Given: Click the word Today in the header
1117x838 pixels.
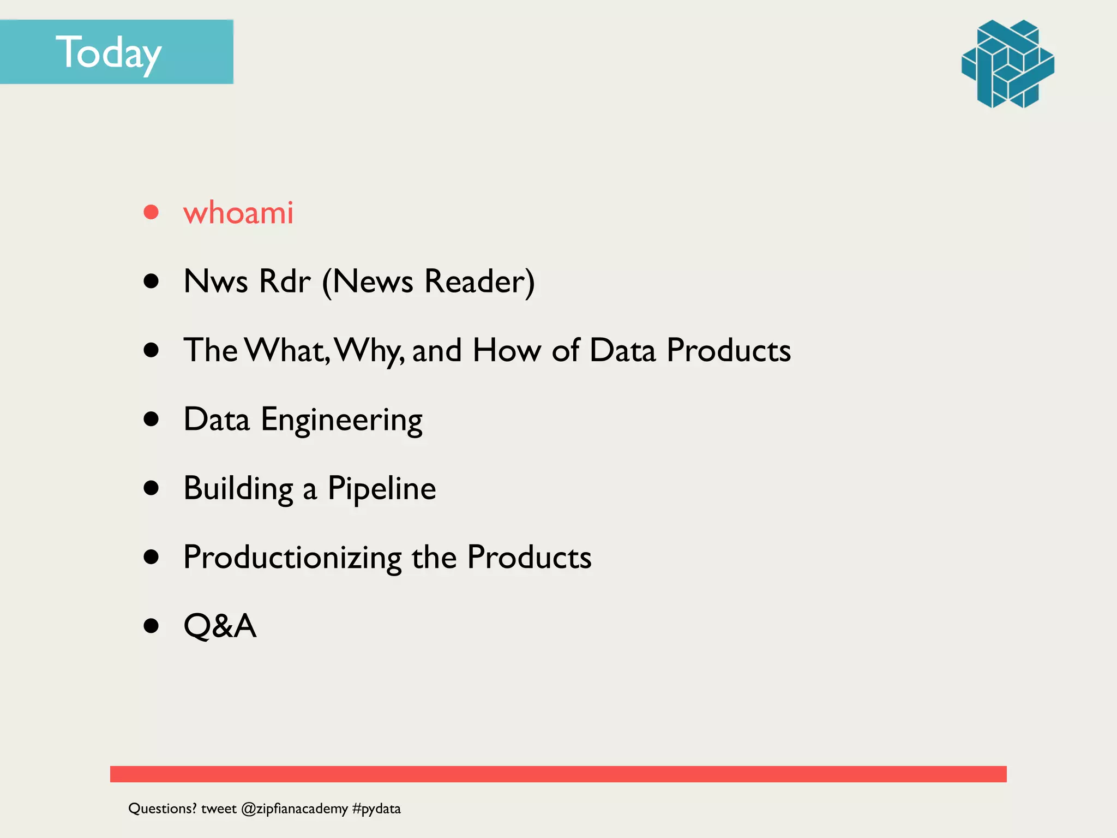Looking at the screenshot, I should click(x=109, y=53).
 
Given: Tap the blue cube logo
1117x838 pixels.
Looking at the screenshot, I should click(x=1007, y=64).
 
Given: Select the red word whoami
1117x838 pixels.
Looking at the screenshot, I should click(x=238, y=212).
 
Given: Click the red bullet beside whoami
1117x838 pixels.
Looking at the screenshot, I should click(x=151, y=212).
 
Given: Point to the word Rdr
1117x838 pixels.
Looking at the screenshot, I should click(x=285, y=282).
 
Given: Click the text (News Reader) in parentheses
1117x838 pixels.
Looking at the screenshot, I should click(x=428, y=282).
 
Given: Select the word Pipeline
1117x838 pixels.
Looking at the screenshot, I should click(x=381, y=488).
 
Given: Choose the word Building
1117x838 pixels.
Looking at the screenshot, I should click(x=238, y=489).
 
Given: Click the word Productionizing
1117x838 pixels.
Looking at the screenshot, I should click(x=292, y=558).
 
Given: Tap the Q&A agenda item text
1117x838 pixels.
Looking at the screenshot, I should click(x=220, y=626).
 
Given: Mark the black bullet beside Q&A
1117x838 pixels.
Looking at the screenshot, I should click(x=151, y=626).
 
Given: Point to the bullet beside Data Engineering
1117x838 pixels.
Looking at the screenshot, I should click(x=151, y=419).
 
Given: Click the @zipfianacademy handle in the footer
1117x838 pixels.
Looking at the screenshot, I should click(x=294, y=809).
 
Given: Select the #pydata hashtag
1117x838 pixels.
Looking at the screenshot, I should click(x=376, y=809).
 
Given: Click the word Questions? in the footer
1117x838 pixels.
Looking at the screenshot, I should click(x=162, y=809).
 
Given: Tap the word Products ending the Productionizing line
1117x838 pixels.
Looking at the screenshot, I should click(x=529, y=558).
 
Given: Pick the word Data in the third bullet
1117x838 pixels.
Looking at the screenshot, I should click(x=622, y=350).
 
